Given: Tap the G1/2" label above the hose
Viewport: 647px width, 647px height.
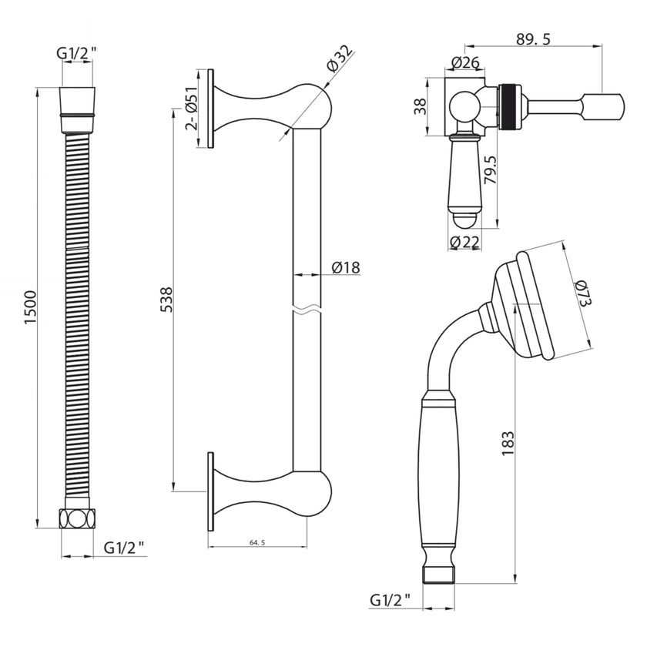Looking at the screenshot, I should (x=77, y=54).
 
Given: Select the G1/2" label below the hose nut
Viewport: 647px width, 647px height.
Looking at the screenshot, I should (x=124, y=548).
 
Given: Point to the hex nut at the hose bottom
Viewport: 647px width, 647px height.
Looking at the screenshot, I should (x=77, y=518).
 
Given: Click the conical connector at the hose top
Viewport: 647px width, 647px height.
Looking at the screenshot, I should (x=77, y=102).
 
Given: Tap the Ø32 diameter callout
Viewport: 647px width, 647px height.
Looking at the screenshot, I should (x=338, y=60).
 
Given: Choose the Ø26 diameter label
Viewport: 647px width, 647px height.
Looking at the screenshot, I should (x=466, y=62).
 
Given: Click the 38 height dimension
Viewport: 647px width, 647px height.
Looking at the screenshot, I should (x=420, y=105).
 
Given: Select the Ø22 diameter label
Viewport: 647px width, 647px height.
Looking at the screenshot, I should (x=465, y=243).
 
